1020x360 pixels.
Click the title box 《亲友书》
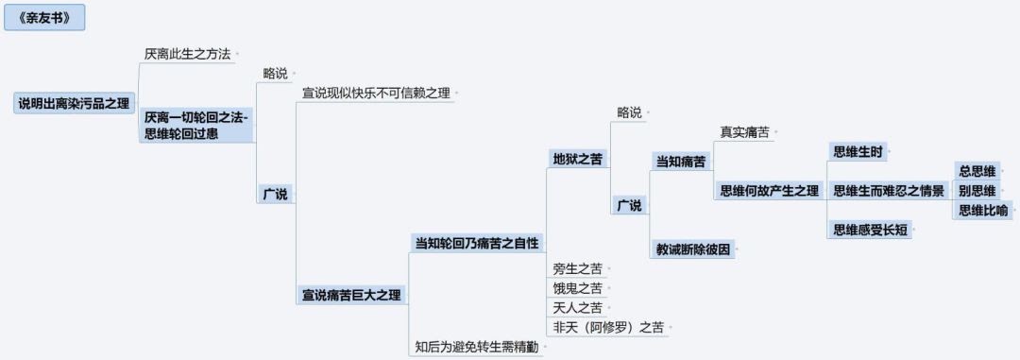(x=44, y=17)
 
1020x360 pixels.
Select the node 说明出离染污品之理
(x=75, y=103)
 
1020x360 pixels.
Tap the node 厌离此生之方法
(x=187, y=54)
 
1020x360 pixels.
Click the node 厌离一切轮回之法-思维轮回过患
(x=195, y=125)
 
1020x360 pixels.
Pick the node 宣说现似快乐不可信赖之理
(x=376, y=94)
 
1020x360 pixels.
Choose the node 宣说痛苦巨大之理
(x=351, y=294)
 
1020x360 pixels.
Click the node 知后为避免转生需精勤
(x=477, y=347)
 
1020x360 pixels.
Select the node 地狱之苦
(x=577, y=158)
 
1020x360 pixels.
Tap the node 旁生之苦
(x=577, y=269)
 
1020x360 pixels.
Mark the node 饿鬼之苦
(x=577, y=288)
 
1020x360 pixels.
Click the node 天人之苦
(x=577, y=307)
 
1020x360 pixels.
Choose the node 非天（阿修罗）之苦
(x=607, y=328)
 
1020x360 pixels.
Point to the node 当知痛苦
(x=680, y=162)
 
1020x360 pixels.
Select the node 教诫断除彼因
(x=693, y=249)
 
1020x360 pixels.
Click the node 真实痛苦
(x=744, y=132)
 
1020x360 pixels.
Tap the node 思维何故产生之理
(x=769, y=191)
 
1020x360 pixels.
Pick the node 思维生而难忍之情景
(x=888, y=191)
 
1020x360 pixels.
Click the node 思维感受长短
(x=870, y=230)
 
